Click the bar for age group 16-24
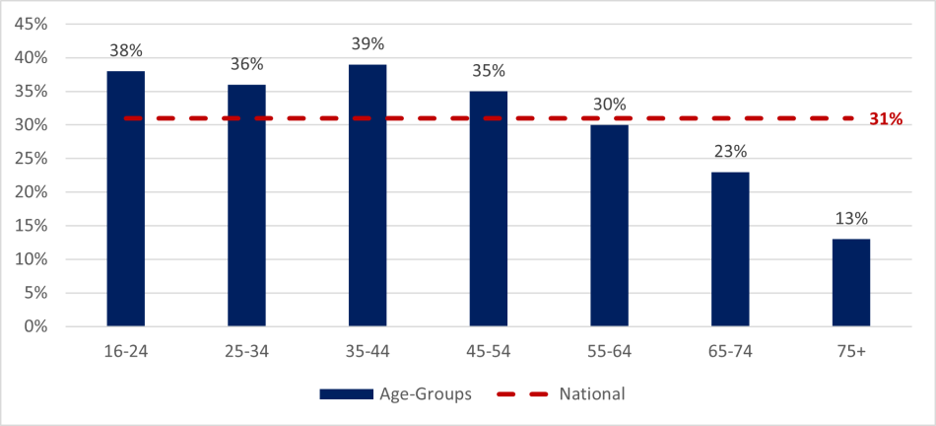tap(125, 198)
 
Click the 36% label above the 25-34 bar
tap(246, 64)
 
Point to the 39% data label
tap(368, 44)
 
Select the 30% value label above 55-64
tap(609, 105)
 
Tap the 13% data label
tap(850, 219)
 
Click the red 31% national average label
tap(885, 119)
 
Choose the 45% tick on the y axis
tap(31, 24)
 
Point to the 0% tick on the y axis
tap(34, 326)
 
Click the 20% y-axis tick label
tap(31, 192)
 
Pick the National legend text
tap(591, 394)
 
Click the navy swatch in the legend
tap(346, 394)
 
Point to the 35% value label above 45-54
tap(488, 71)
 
